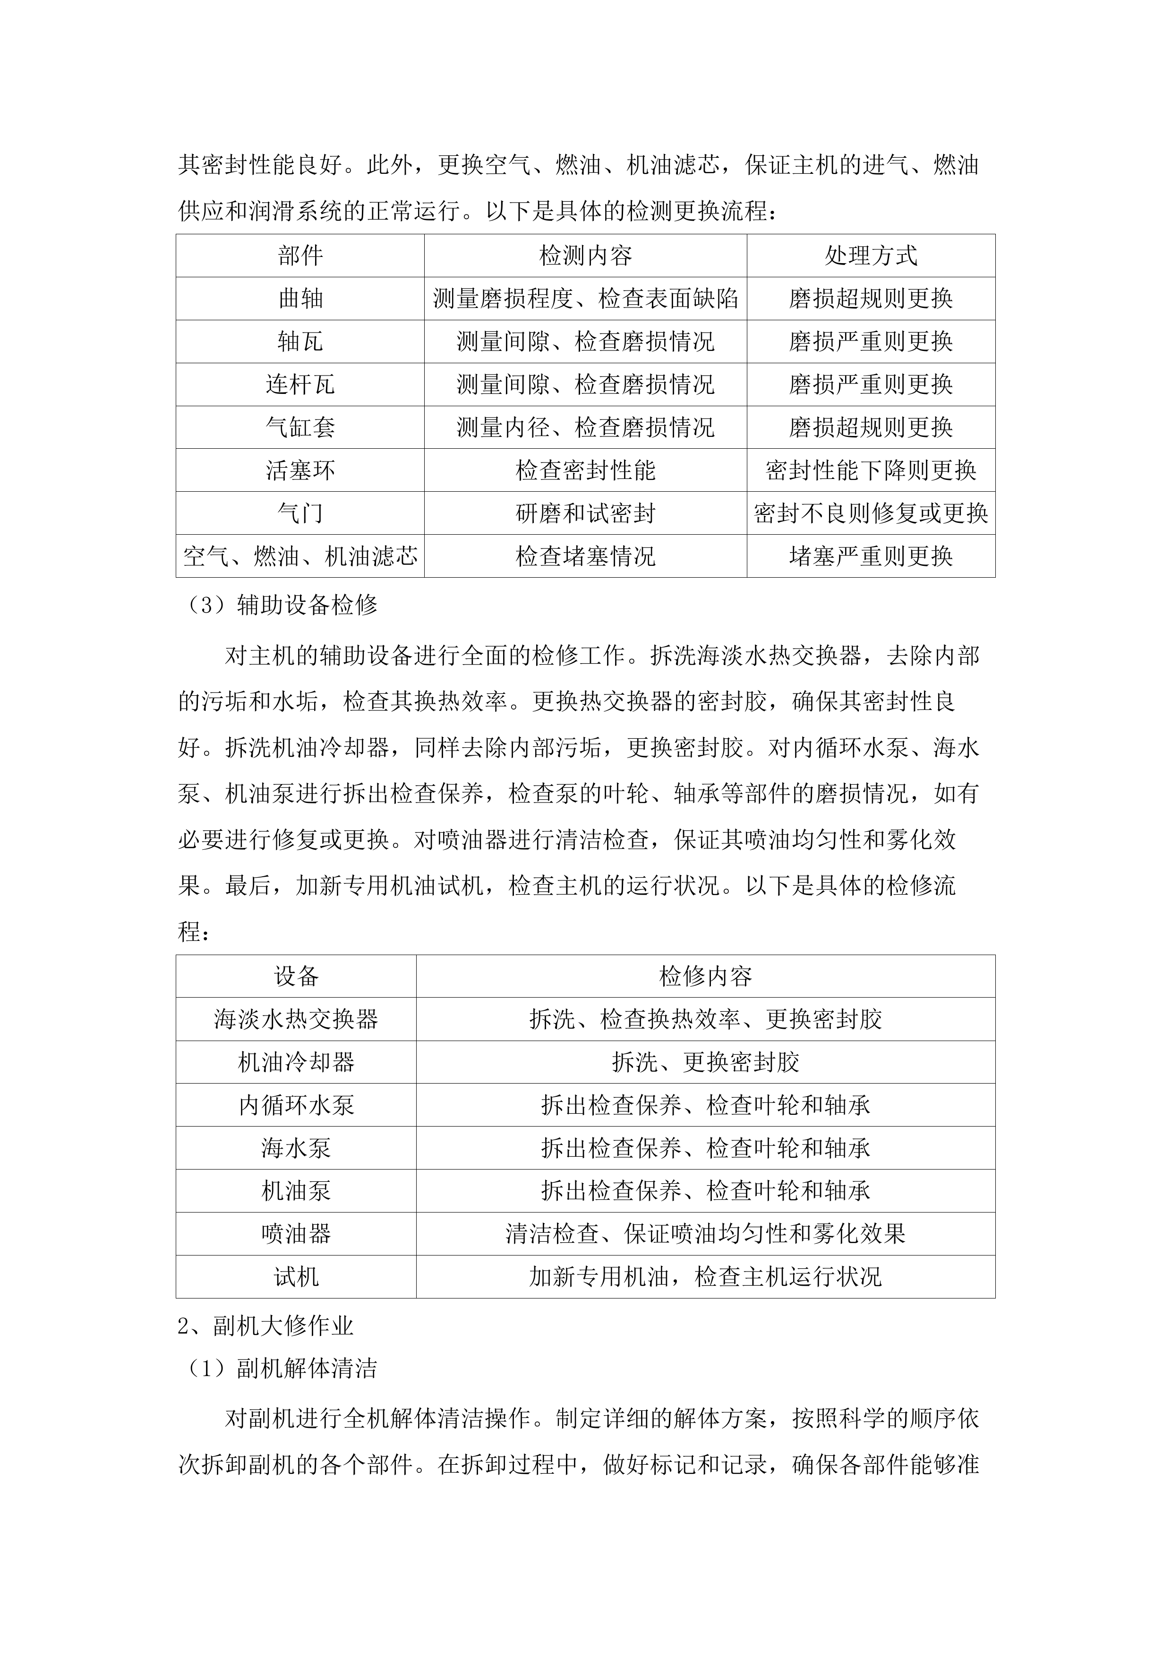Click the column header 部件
pos(300,256)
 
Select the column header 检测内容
pos(585,256)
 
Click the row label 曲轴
pos(300,299)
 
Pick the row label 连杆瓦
pos(300,384)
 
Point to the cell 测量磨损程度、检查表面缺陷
pos(585,299)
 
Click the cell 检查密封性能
pos(585,470)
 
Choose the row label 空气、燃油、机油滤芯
pos(300,556)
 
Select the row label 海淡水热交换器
pos(296,1020)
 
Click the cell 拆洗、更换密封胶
pos(705,1062)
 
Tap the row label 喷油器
pos(296,1234)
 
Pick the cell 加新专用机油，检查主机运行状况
pos(705,1277)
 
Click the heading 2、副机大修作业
pos(265,1326)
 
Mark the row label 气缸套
pos(300,428)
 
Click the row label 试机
pos(296,1277)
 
